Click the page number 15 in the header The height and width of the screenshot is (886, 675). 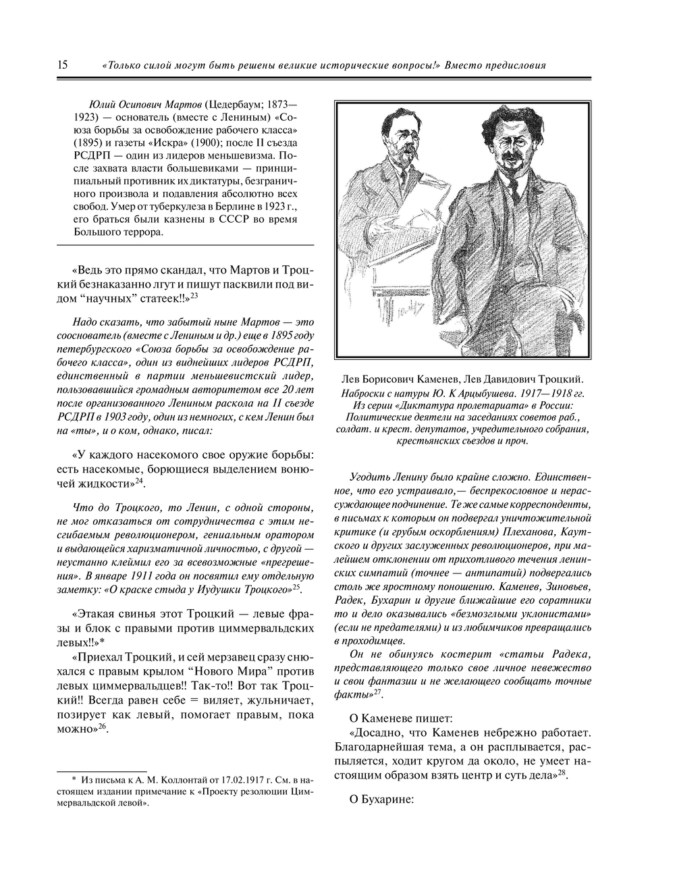point(62,66)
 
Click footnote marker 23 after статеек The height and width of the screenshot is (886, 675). point(194,295)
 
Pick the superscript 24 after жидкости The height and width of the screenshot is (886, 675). point(140,481)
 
